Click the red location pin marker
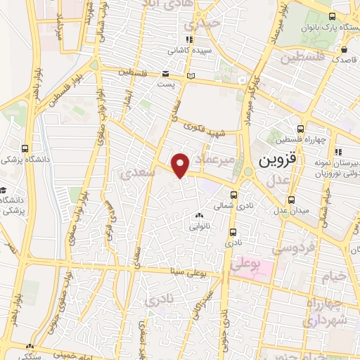pos(181,165)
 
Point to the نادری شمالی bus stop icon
pos(233,196)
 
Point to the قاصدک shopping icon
pos(344,51)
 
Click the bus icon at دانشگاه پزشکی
pos(26,148)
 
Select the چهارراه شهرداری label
pos(324,311)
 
